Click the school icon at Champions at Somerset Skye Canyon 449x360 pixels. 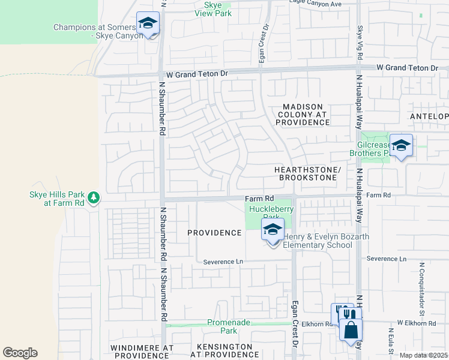click(148, 24)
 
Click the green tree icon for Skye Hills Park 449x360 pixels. click(93, 197)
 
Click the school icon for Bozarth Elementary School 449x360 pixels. click(273, 230)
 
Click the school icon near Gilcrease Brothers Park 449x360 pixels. click(401, 146)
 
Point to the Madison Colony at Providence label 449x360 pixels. click(303, 115)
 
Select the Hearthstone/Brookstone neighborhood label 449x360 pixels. click(307, 174)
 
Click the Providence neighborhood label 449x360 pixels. click(214, 232)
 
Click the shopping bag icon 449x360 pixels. click(350, 331)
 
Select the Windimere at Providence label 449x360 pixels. click(142, 351)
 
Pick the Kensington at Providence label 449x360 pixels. click(221, 351)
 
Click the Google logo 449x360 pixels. click(20, 353)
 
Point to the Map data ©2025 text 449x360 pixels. click(423, 355)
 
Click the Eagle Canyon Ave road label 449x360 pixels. click(315, 4)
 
